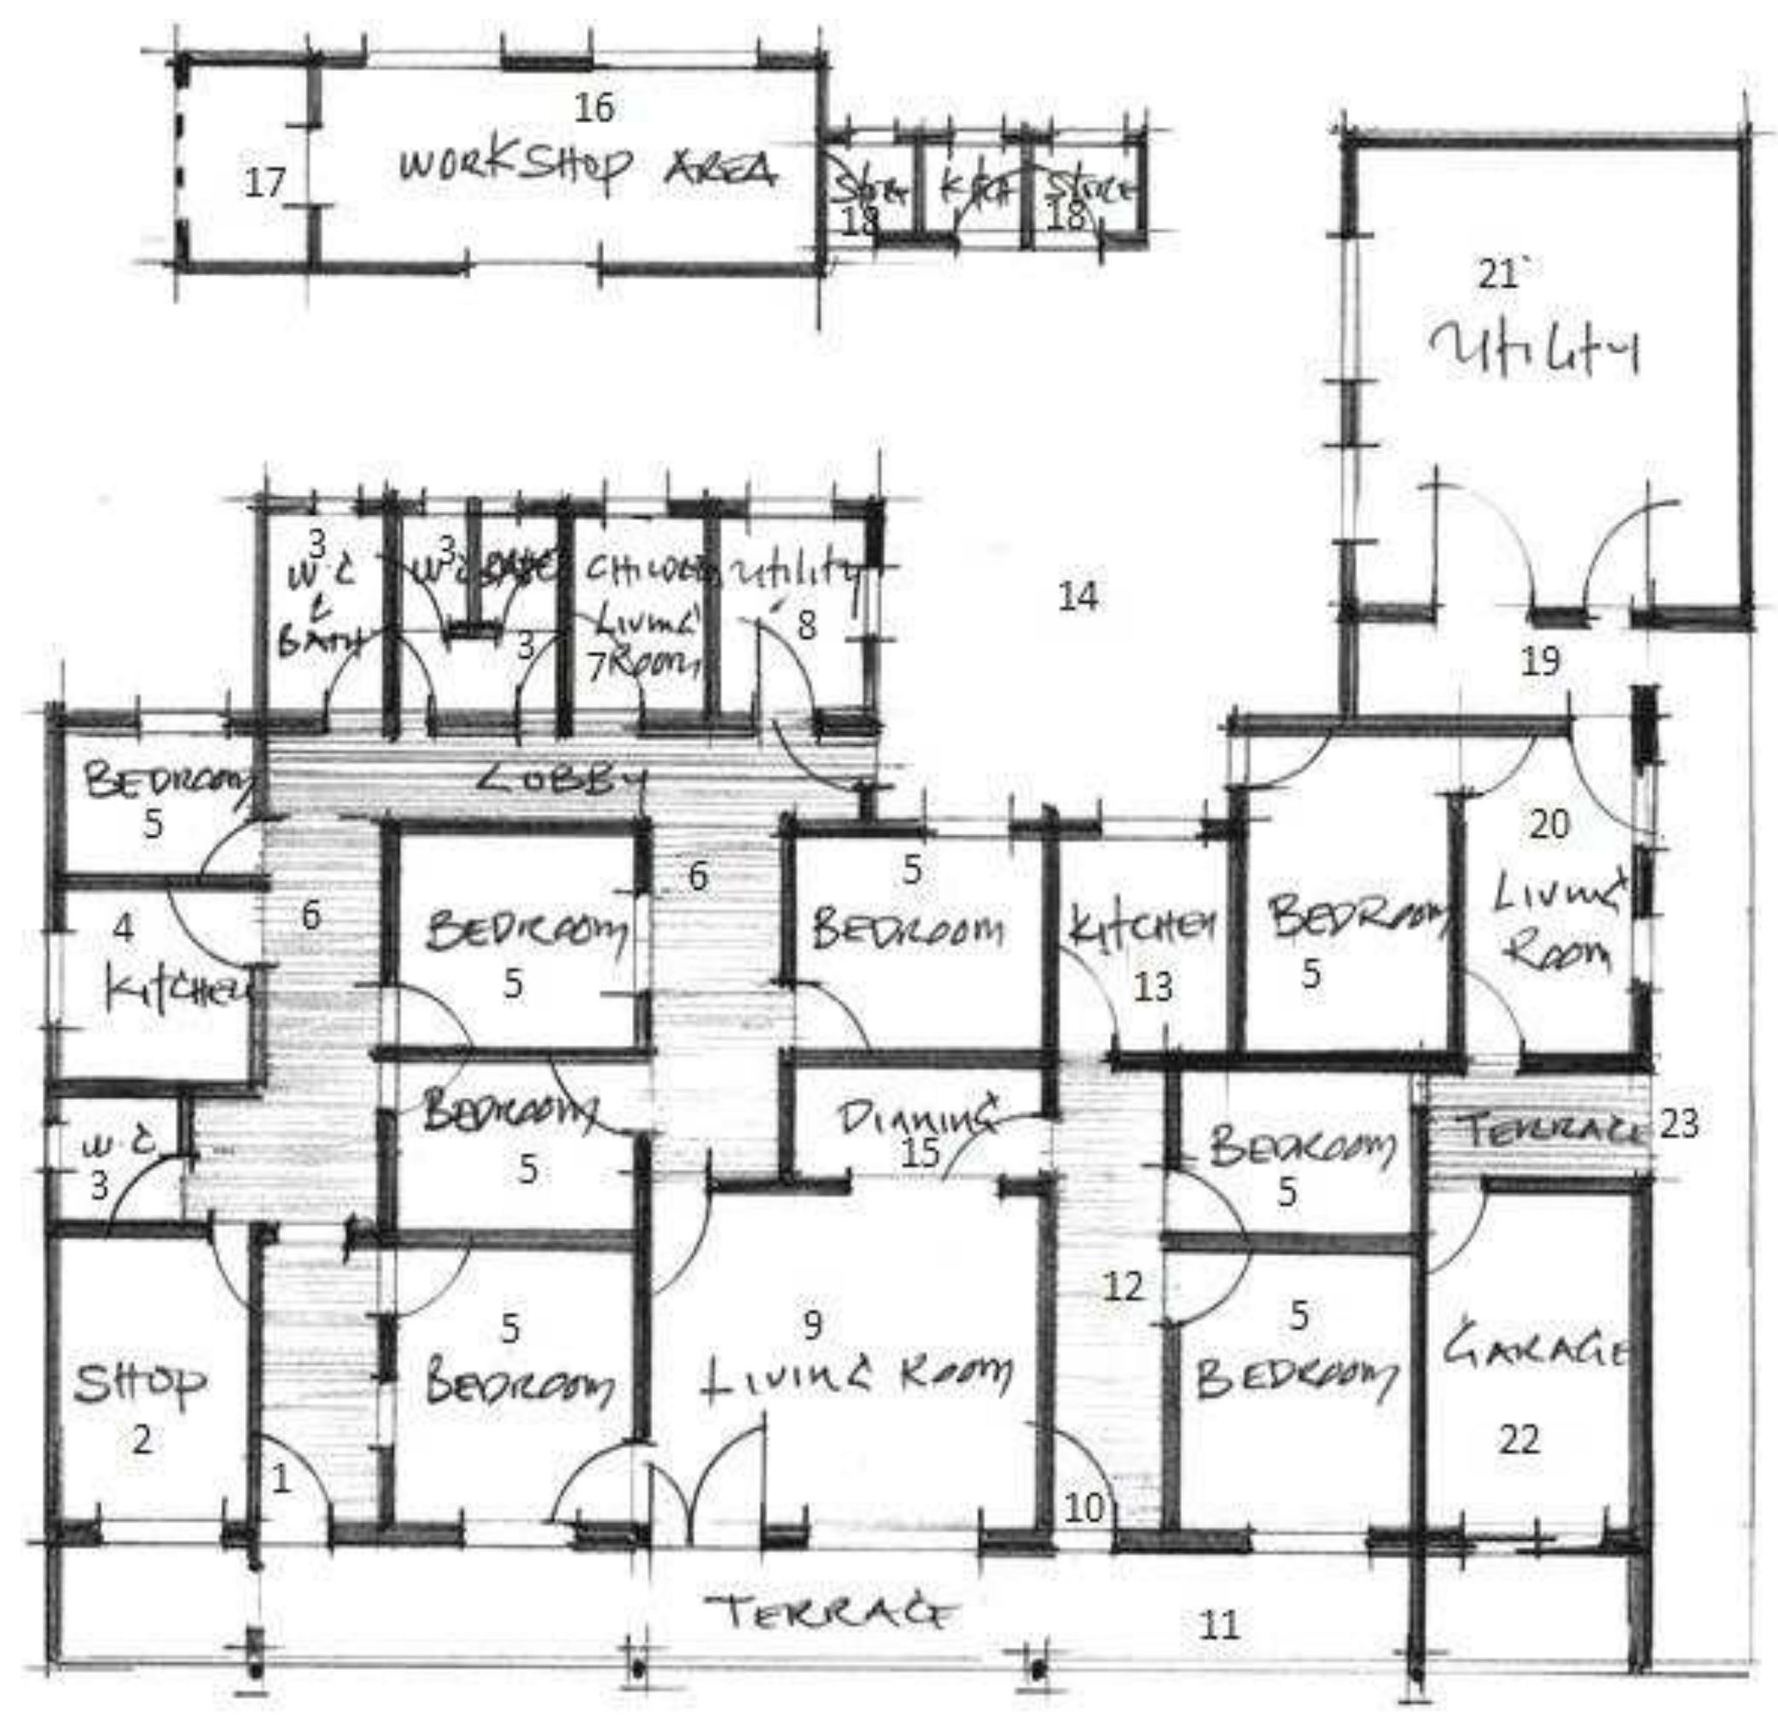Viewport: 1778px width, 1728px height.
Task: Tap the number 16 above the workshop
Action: click(595, 108)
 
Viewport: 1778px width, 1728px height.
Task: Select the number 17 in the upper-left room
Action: click(264, 183)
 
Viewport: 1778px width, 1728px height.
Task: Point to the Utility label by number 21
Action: click(1534, 351)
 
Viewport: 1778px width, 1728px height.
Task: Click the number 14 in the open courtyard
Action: click(1078, 597)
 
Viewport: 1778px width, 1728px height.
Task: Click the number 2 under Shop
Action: click(142, 1440)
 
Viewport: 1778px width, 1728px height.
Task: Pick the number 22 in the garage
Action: click(1519, 1440)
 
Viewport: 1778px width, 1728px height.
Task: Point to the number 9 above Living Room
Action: click(812, 1325)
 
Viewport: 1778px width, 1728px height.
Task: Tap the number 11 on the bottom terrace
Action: click(1218, 1625)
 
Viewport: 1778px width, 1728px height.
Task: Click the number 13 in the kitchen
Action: click(1153, 987)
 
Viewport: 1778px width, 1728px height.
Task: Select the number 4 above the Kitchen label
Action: click(124, 928)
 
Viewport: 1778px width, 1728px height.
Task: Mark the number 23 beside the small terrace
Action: click(1679, 1124)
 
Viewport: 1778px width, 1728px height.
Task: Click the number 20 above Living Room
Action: click(1549, 824)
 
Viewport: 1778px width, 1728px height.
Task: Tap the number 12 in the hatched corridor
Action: click(1123, 1286)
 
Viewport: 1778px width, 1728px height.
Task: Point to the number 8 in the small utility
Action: click(806, 625)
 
